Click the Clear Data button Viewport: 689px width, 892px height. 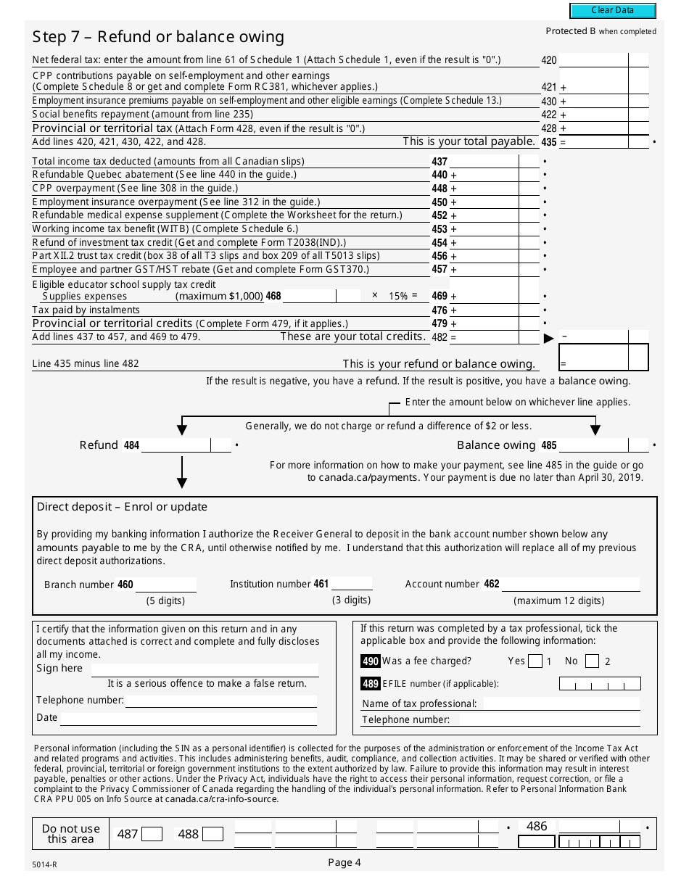click(x=613, y=11)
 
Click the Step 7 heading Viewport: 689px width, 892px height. click(x=158, y=37)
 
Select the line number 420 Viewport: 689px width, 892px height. click(x=549, y=61)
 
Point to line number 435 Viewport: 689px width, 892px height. click(x=549, y=143)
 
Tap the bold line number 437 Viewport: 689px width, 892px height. click(x=440, y=162)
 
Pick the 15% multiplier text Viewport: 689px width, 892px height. click(x=398, y=296)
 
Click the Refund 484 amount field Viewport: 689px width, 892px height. click(x=176, y=445)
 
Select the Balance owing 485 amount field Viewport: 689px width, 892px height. click(x=594, y=445)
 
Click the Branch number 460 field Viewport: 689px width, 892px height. click(x=166, y=585)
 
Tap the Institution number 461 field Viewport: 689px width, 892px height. click(x=352, y=584)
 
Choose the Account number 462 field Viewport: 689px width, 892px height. click(x=571, y=584)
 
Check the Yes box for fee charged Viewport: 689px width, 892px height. click(x=535, y=661)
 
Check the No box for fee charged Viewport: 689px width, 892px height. click(x=592, y=661)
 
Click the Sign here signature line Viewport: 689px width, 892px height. click(x=205, y=669)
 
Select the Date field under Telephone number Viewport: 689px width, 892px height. click(x=189, y=718)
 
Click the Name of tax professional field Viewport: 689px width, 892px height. click(x=561, y=703)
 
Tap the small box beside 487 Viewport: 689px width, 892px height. click(x=152, y=834)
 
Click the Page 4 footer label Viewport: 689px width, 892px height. click(x=344, y=862)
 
